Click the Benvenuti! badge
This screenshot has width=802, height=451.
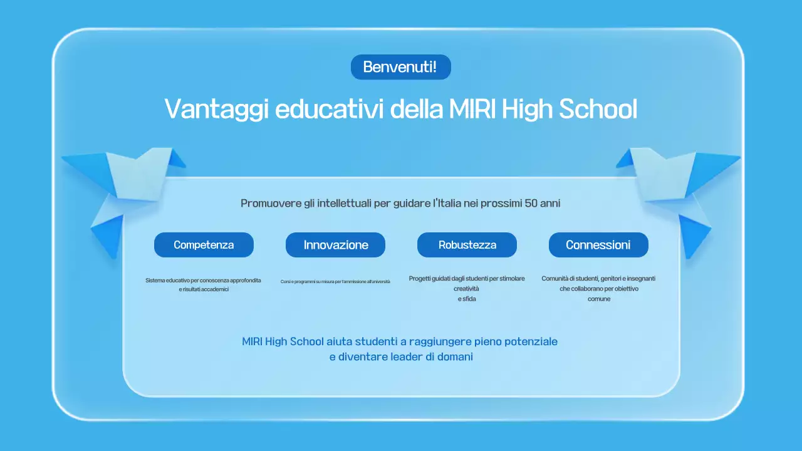(400, 67)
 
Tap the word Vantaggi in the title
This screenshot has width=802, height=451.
(216, 109)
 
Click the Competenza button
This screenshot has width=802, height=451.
(204, 245)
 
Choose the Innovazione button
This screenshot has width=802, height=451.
(335, 245)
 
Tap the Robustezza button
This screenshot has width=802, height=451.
(467, 245)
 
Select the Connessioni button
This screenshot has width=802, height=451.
(598, 245)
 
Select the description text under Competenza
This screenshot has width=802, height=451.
(203, 285)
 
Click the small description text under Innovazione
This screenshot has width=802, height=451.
(335, 282)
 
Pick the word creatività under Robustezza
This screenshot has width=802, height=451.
(466, 289)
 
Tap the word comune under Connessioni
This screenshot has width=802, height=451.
(598, 299)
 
